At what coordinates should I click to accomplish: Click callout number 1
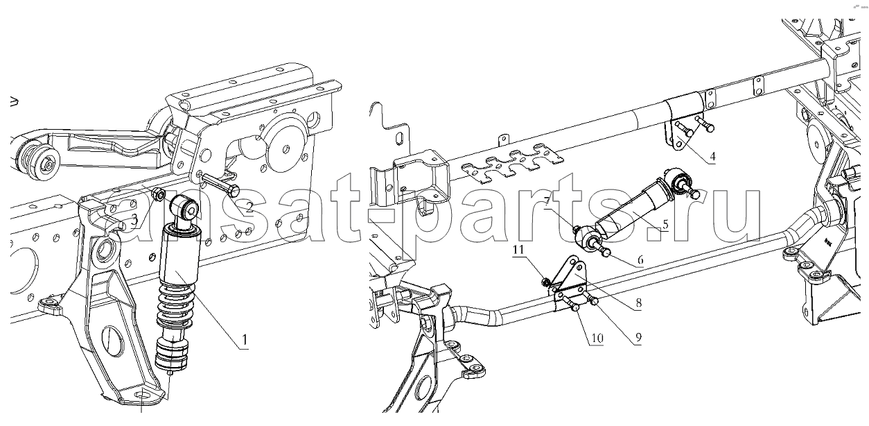click(x=245, y=341)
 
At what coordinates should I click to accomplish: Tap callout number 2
click(x=249, y=207)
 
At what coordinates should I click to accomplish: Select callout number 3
click(x=134, y=220)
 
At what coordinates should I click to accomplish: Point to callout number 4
click(x=712, y=157)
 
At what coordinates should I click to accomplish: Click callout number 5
click(x=665, y=225)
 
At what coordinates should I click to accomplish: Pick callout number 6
click(x=640, y=259)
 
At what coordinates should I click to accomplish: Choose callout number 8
click(x=638, y=303)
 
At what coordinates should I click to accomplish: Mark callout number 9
click(x=638, y=337)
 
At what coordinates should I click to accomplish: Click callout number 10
click(x=597, y=339)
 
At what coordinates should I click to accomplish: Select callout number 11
click(x=518, y=250)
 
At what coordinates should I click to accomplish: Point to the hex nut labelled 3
click(x=158, y=194)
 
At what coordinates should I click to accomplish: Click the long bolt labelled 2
click(x=220, y=185)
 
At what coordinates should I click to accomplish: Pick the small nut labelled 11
click(x=546, y=281)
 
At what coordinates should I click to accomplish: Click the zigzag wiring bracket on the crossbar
click(x=512, y=164)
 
